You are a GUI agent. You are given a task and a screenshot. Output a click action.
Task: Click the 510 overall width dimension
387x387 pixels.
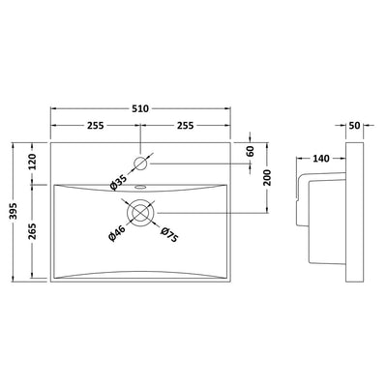140,109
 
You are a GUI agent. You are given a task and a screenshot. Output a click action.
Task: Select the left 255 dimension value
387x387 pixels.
95,125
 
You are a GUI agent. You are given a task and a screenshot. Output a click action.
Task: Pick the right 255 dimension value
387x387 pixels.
185,125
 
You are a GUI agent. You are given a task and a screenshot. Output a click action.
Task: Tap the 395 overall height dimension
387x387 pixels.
14,211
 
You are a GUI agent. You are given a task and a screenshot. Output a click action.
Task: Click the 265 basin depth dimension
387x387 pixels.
32,231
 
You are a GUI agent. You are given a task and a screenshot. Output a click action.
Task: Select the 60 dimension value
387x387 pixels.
251,151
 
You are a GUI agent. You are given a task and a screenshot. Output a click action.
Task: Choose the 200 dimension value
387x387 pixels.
267,178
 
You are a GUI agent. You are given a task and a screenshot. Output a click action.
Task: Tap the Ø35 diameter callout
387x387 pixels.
119,182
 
